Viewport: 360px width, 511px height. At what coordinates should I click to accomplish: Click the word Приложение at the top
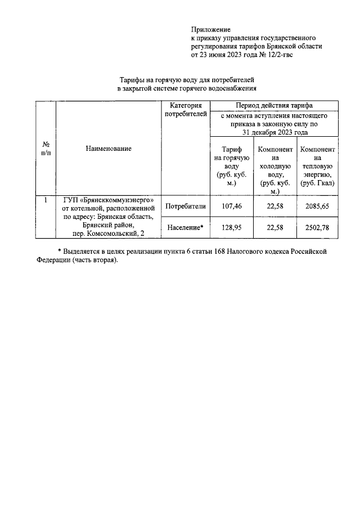click(x=211, y=29)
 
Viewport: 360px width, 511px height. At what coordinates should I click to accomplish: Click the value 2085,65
click(x=318, y=207)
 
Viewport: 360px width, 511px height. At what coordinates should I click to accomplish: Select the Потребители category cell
click(x=186, y=207)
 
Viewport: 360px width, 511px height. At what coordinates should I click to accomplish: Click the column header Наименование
click(x=109, y=149)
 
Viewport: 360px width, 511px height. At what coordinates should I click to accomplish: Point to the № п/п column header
click(x=46, y=149)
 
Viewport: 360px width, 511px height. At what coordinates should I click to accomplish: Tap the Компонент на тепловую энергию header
click(x=318, y=167)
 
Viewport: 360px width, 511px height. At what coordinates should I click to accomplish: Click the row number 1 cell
click(x=46, y=199)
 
